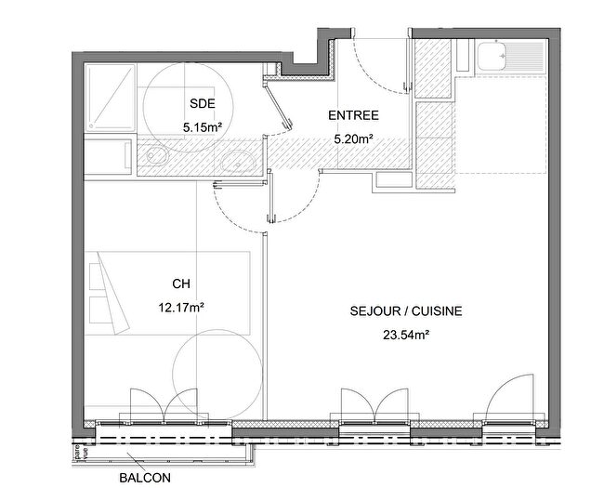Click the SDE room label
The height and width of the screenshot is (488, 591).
[200, 103]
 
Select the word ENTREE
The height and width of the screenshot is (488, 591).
[352, 116]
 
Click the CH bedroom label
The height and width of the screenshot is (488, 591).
[181, 284]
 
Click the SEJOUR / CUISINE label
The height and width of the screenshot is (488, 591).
[406, 312]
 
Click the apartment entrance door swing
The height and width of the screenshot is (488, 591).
[381, 65]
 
